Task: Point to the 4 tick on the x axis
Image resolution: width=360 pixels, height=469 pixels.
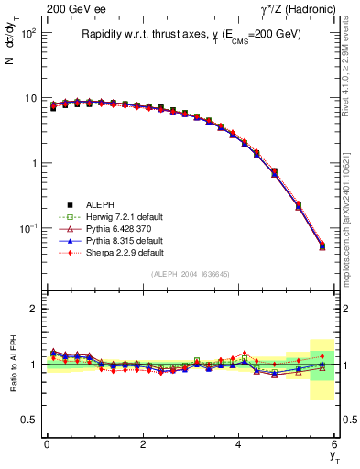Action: (239, 444)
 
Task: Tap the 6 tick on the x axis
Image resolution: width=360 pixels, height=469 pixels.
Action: (335, 444)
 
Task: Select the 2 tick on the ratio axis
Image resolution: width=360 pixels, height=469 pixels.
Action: (34, 309)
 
